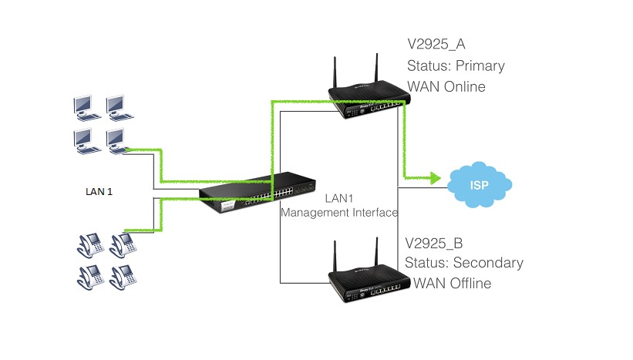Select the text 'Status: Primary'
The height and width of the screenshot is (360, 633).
456,66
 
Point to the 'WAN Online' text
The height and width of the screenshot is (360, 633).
446,86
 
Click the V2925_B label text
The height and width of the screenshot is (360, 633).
437,242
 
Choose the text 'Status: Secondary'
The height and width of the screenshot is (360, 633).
464,263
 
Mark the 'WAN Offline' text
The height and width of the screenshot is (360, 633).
453,284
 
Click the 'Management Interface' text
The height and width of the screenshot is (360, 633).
338,212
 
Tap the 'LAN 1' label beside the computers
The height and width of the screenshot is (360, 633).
99,191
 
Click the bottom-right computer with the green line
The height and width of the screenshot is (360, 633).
116,140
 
